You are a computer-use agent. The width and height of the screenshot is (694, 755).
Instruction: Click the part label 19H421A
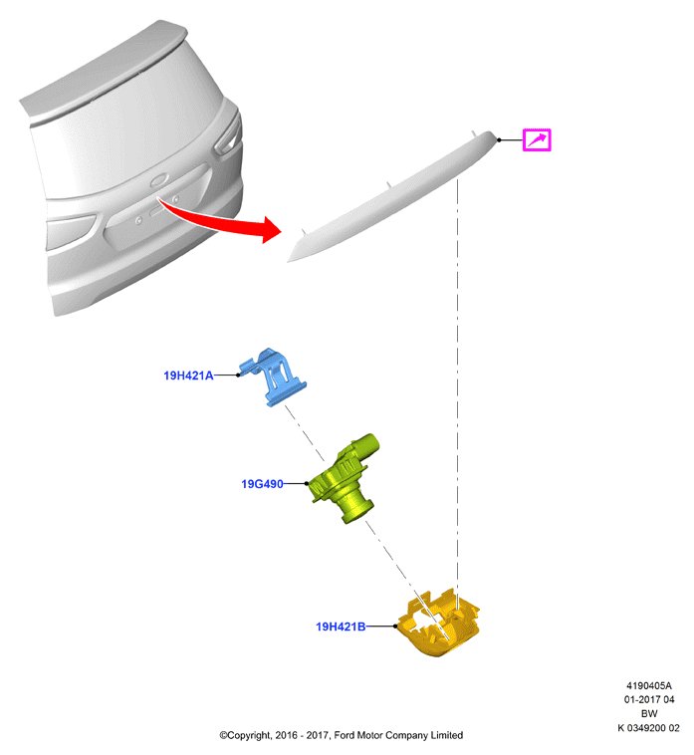[188, 376]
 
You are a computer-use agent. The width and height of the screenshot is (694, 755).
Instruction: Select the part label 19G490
[262, 484]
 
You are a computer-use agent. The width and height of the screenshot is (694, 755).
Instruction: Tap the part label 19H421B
[341, 627]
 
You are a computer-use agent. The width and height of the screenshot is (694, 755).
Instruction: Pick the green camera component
[343, 479]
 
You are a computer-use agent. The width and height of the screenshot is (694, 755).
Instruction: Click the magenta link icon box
[537, 140]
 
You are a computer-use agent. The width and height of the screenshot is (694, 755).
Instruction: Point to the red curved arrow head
[271, 230]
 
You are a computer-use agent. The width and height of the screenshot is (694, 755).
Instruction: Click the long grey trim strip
[392, 195]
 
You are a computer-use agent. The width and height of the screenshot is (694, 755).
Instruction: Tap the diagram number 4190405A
[649, 685]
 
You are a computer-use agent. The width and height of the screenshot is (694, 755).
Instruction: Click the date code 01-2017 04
[649, 699]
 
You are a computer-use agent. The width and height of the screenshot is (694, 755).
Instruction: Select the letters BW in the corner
[649, 713]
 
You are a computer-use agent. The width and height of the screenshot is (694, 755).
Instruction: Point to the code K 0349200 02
[649, 728]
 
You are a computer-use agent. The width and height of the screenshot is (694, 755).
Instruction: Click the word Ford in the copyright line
[345, 735]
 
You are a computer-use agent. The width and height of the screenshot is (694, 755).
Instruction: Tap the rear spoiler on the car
[104, 68]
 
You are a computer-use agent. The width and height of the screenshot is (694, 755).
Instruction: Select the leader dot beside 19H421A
[238, 376]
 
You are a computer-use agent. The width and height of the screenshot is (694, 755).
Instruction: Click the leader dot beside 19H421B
[395, 626]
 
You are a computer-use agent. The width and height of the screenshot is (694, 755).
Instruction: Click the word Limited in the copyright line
[447, 735]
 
